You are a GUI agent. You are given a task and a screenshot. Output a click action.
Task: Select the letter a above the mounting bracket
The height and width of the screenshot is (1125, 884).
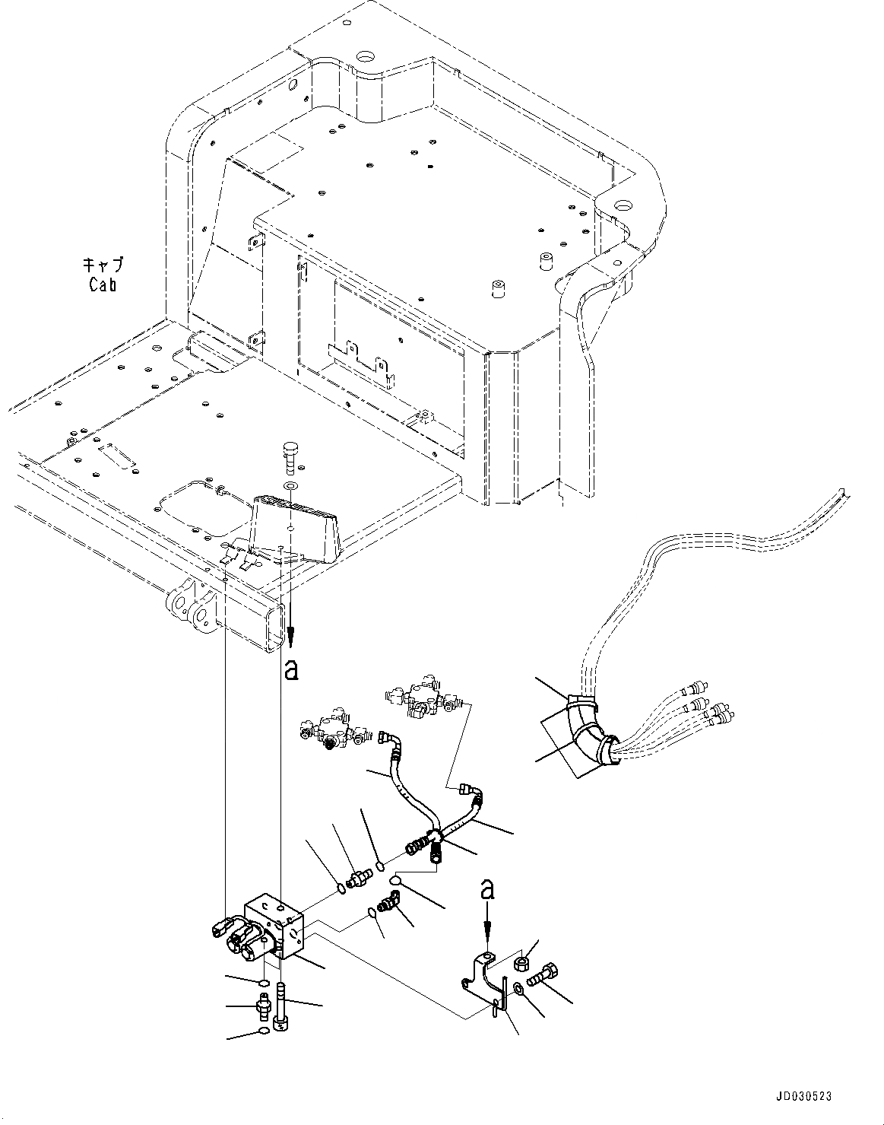[x=488, y=888]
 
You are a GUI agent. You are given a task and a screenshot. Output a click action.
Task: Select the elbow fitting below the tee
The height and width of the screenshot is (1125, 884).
[x=388, y=904]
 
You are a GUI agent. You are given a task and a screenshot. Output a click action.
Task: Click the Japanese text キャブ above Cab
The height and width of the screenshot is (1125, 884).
[x=102, y=266]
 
